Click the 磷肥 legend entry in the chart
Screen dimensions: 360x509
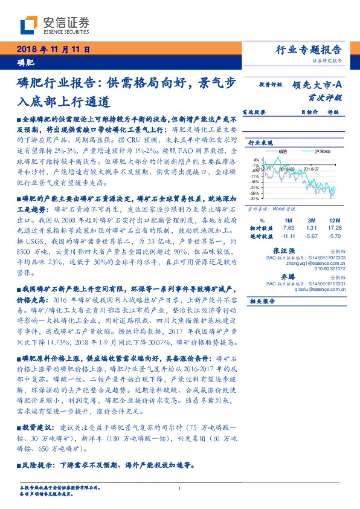(x=283, y=151)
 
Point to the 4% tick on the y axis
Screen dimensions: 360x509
(x=256, y=160)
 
